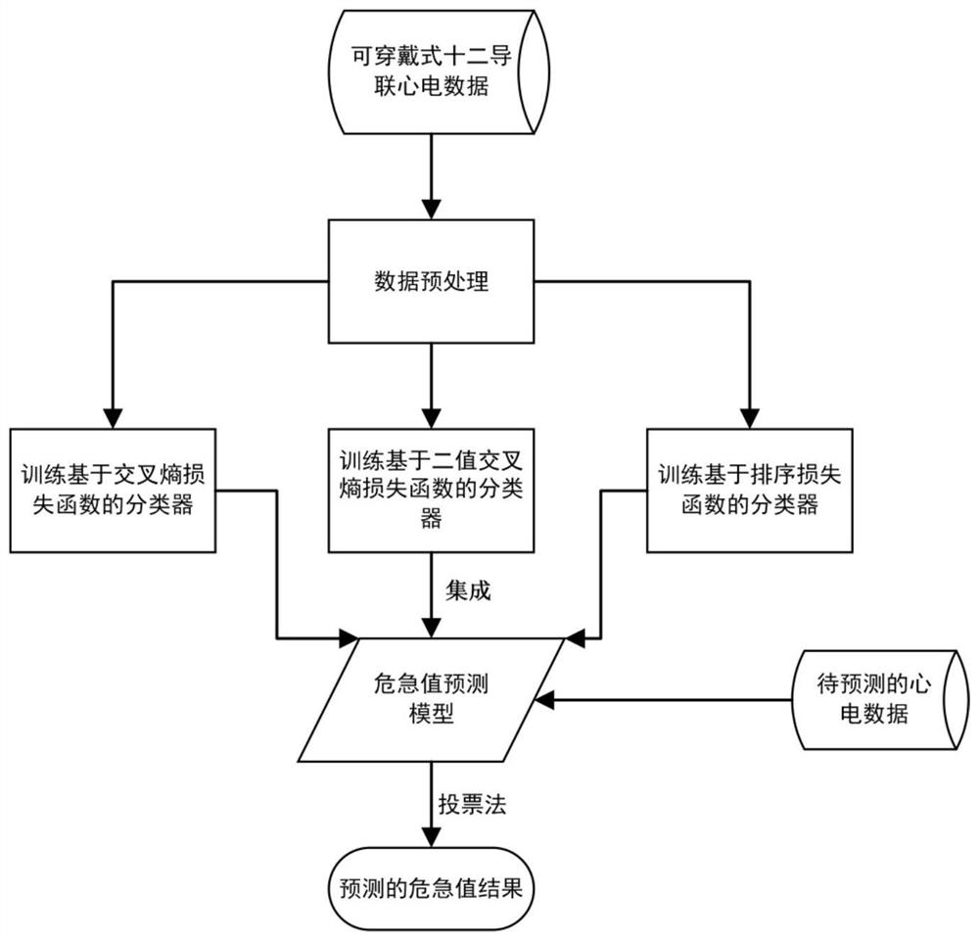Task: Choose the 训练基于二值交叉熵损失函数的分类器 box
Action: pos(431,489)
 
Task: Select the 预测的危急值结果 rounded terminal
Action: pos(431,889)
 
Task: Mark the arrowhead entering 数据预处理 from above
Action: pos(431,209)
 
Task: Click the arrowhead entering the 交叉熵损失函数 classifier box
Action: pos(112,415)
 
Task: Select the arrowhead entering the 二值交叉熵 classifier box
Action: pos(431,415)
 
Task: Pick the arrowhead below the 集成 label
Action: pos(431,627)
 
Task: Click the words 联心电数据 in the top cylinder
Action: pos(432,90)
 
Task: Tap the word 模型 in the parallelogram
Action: pos(432,715)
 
